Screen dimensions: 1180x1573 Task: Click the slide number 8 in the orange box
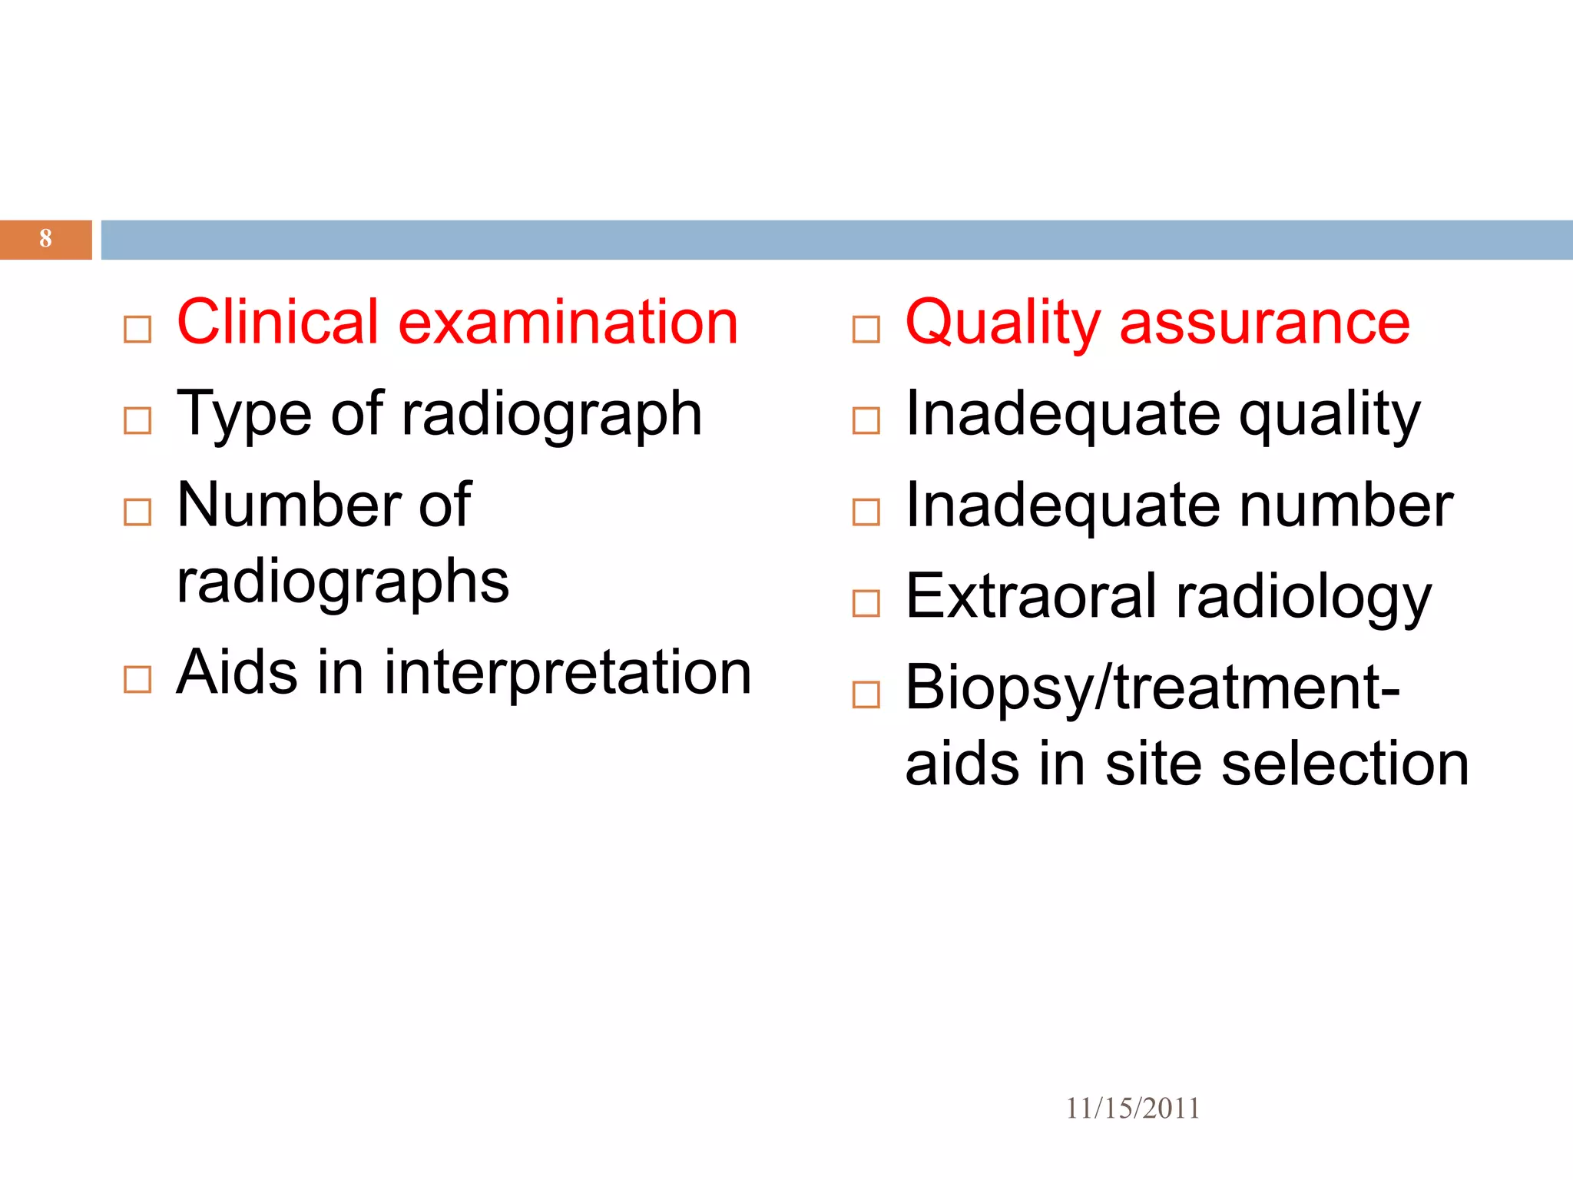point(45,238)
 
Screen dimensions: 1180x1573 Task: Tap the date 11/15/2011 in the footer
point(1132,1109)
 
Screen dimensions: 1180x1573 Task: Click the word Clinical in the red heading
point(277,322)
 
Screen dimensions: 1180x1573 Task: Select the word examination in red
point(568,322)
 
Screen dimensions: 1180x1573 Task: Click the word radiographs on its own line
point(343,582)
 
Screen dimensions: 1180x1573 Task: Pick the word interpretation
point(567,673)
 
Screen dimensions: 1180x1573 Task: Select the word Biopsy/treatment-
point(1152,688)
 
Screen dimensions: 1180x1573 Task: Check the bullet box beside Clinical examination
point(137,330)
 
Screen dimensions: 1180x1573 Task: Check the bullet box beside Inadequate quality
point(866,421)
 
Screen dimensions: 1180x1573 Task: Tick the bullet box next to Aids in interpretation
point(137,680)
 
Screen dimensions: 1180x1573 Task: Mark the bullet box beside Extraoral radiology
point(866,604)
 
